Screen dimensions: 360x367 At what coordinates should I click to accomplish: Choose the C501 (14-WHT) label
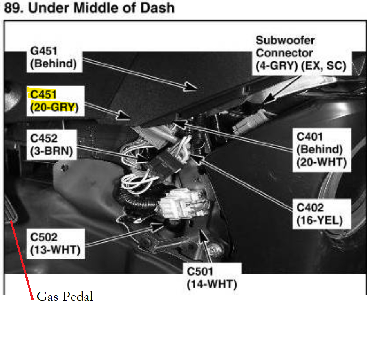[212, 277]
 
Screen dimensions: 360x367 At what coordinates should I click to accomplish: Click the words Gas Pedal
[65, 296]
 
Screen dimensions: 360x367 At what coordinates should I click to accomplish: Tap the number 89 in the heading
[11, 7]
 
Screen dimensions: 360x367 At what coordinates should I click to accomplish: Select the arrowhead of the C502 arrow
[159, 225]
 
